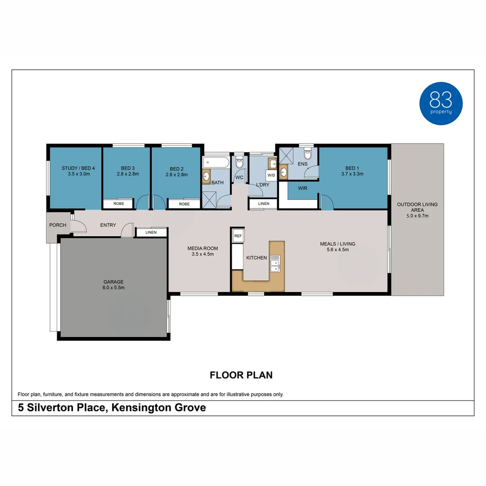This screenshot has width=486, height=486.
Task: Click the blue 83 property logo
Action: pos(441,103)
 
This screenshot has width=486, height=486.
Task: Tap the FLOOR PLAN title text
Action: pos(241,375)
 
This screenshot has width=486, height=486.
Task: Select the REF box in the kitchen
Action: pos(238,235)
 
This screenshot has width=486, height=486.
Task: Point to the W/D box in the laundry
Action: pos(271,175)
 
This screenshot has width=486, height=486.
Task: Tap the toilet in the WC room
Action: pos(239,162)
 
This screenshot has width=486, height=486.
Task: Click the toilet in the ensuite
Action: pos(308,154)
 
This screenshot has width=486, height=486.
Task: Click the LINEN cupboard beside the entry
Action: pos(151,233)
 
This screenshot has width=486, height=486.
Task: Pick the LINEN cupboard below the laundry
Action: pos(264,204)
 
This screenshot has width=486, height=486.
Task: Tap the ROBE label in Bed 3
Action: pos(119,204)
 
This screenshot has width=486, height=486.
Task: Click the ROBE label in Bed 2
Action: pos(184,204)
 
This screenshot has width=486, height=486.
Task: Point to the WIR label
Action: pos(302,188)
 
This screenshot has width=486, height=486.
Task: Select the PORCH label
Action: pos(58,225)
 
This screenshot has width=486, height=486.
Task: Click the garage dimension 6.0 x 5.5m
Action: pos(113,288)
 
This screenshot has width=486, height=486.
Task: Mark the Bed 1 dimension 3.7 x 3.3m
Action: pos(352,174)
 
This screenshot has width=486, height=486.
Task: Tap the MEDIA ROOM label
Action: pos(202,248)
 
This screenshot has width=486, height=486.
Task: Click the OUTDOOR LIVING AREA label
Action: pos(417,207)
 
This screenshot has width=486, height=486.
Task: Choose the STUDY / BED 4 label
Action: pos(75,168)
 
